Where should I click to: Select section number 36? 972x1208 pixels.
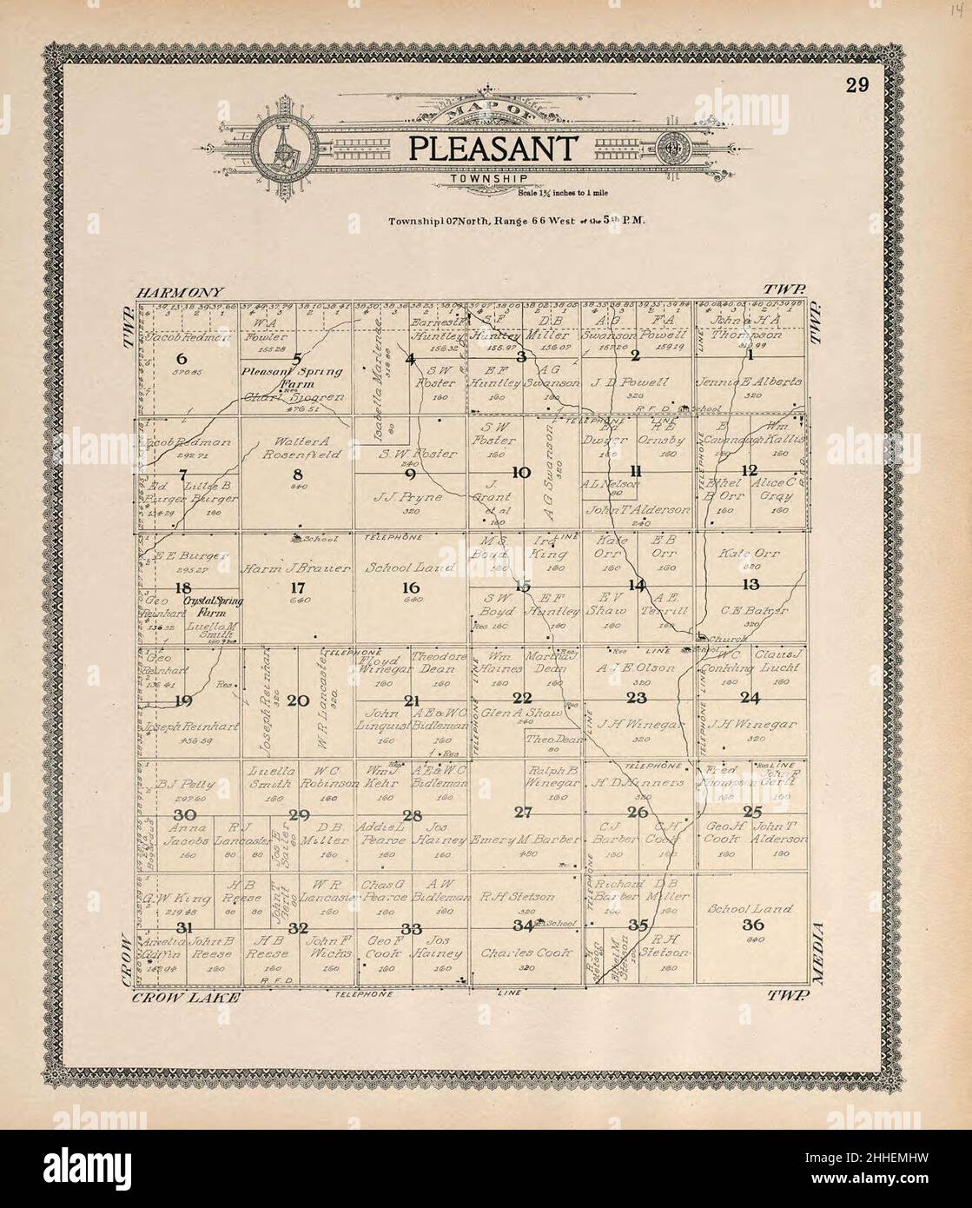pos(752,925)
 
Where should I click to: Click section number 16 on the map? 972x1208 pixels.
pos(410,587)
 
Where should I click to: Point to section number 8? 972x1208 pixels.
pos(297,475)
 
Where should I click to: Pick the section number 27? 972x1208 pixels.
pos(523,813)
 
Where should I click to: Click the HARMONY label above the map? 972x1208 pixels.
pos(180,293)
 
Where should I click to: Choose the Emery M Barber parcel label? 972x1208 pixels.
pos(523,840)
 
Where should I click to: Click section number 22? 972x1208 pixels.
pos(522,699)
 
